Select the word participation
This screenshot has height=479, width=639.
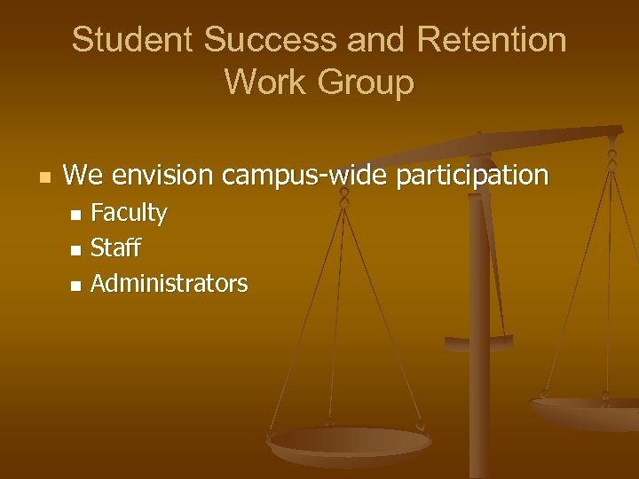(472, 176)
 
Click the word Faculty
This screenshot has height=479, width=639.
(129, 214)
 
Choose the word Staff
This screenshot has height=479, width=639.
(115, 248)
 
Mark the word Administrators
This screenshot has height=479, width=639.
(169, 284)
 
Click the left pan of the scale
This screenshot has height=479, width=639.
(350, 443)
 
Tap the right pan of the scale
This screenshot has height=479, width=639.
(586, 411)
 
